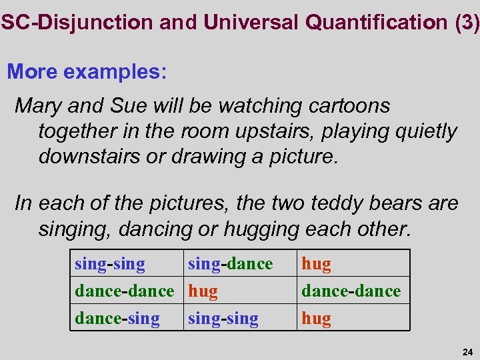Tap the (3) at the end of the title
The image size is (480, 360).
[x=466, y=22]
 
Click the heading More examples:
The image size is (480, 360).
[x=87, y=71]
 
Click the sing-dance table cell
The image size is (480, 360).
[x=231, y=264]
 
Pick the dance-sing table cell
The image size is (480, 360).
[x=117, y=319]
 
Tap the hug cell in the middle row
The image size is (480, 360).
[x=203, y=291]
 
